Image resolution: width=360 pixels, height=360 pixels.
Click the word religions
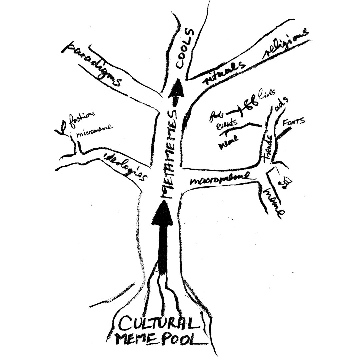(286, 43)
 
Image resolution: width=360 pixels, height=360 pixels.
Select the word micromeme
(94, 131)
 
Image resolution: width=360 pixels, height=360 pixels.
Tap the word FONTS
(293, 122)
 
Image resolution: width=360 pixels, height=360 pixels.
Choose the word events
(227, 125)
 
